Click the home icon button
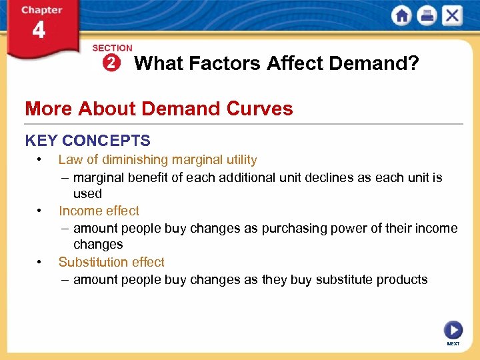pos(401,16)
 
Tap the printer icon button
pos(427,16)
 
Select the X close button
pos(452,16)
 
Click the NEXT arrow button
pos(453,330)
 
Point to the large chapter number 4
pos(39,30)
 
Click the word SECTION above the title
pos(112,48)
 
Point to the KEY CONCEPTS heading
pos(87,141)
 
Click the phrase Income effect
pos(99,211)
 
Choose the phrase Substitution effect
pos(111,262)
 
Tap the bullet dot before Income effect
pos(41,211)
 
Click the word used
pos(87,194)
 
